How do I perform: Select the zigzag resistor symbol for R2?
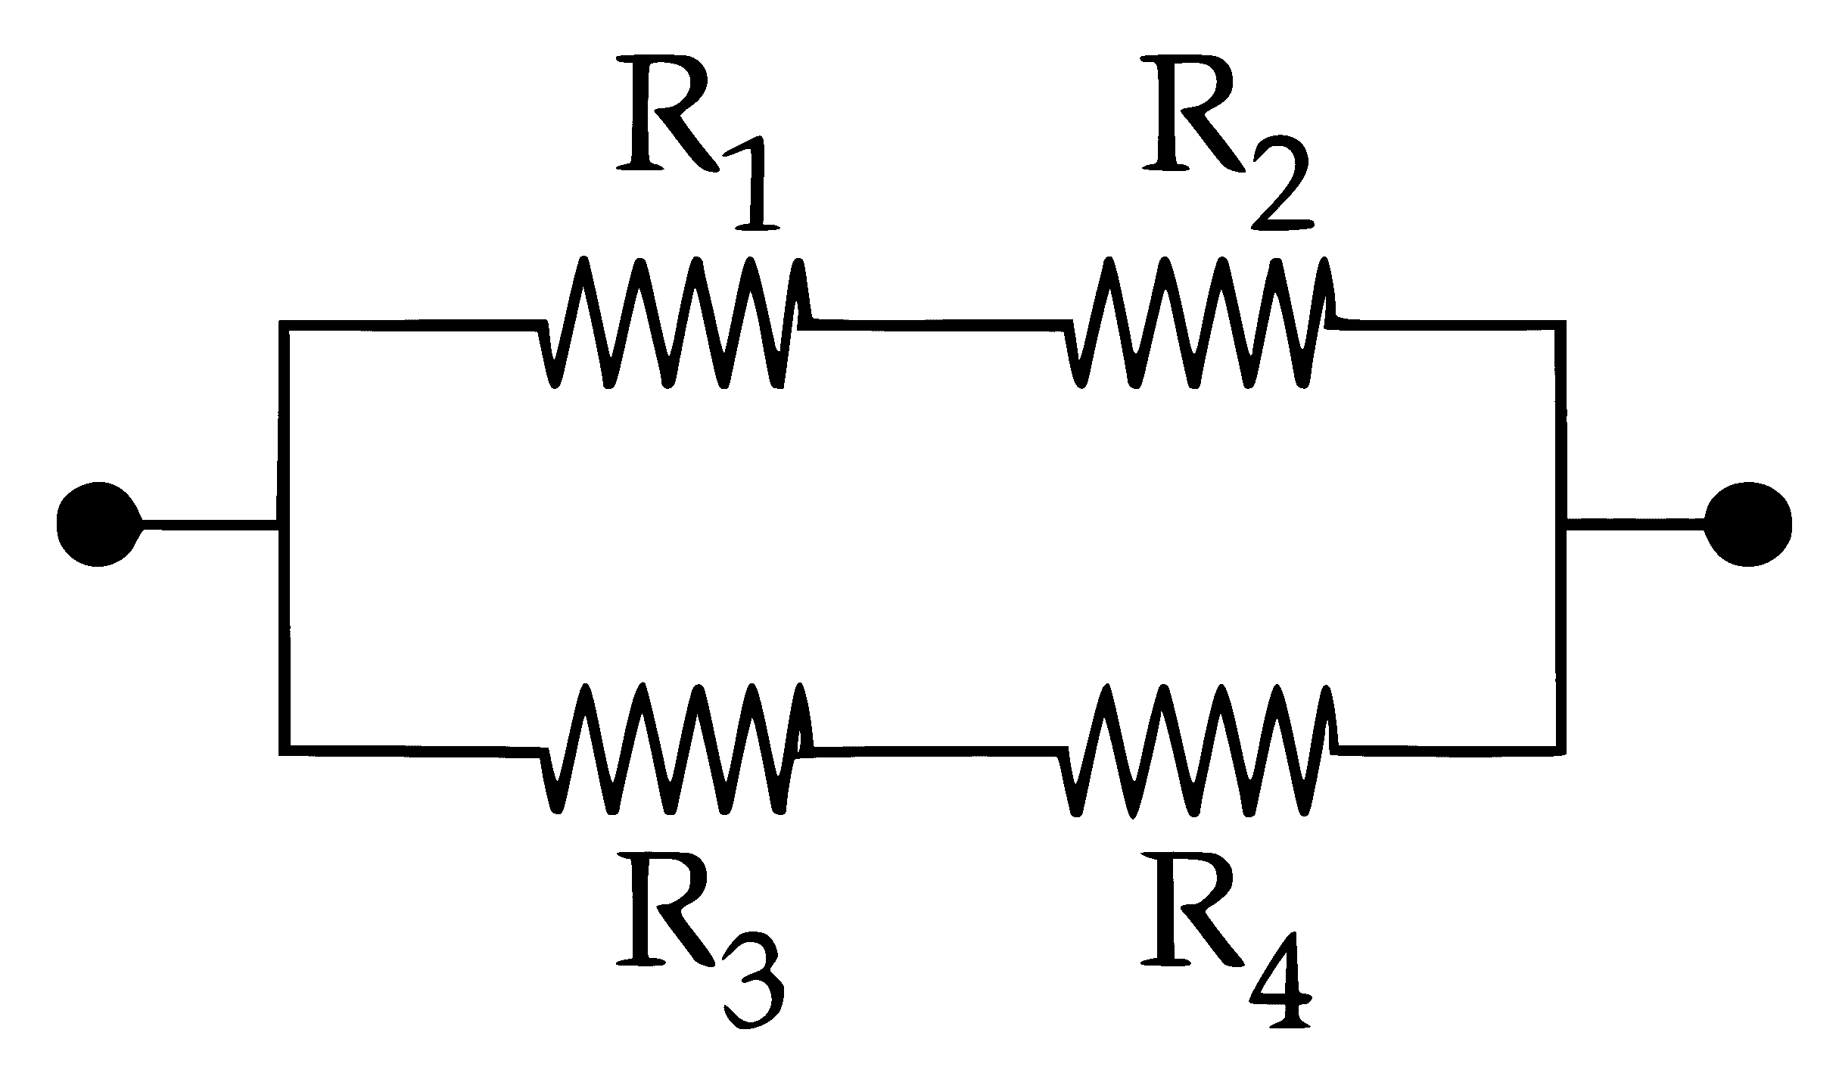[x=1200, y=324]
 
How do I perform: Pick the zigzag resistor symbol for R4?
[x=1200, y=749]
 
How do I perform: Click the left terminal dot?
[x=98, y=524]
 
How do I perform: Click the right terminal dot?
[x=1748, y=524]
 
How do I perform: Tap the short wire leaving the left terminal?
[x=209, y=524]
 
